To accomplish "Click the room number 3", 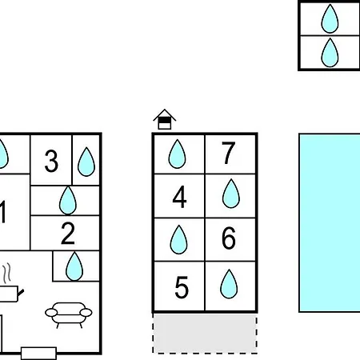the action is click(x=51, y=161).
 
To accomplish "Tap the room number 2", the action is click(x=68, y=234).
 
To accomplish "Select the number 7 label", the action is click(x=228, y=153).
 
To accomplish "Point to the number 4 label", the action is click(x=179, y=197).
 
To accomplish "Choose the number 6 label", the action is click(x=229, y=238).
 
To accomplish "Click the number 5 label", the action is click(x=182, y=287).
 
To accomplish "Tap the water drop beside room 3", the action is click(x=86, y=162).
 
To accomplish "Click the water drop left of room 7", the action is click(x=177, y=154).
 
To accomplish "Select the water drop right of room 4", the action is click(x=231, y=194).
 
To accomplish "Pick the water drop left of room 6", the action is click(x=178, y=239).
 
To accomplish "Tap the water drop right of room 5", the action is click(x=229, y=284).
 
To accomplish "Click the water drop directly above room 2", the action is click(x=68, y=200).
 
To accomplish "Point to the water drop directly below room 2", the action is click(x=74, y=266).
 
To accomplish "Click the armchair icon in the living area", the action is click(x=69, y=314).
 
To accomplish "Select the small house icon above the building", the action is click(x=165, y=119).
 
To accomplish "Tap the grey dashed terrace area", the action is click(x=205, y=334).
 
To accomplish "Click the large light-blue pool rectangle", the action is click(x=330, y=222).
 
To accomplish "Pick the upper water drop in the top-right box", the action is click(x=330, y=18).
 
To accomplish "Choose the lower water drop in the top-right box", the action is click(x=330, y=53).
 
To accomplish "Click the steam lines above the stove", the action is click(x=7, y=273).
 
